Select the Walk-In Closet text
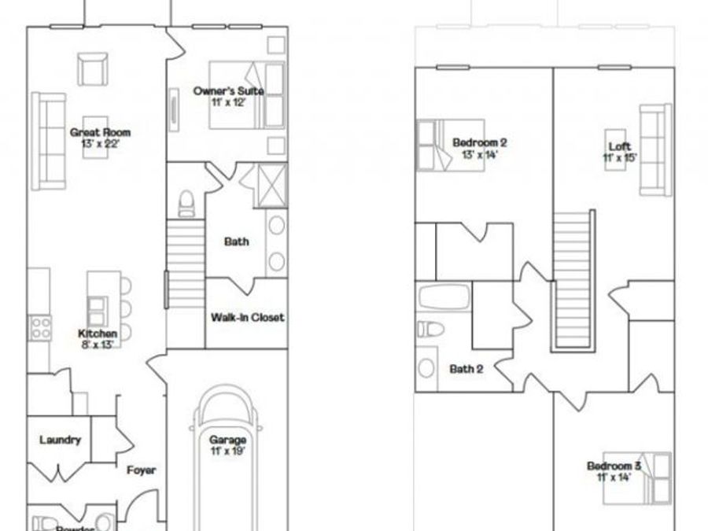point(247,318)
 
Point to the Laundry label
point(60,440)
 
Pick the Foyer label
point(142,470)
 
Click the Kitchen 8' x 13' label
point(98,338)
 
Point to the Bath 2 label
point(466,368)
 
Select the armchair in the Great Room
point(94,68)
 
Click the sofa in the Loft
point(655,149)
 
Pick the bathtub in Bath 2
point(444,300)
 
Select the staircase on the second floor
point(572,279)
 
